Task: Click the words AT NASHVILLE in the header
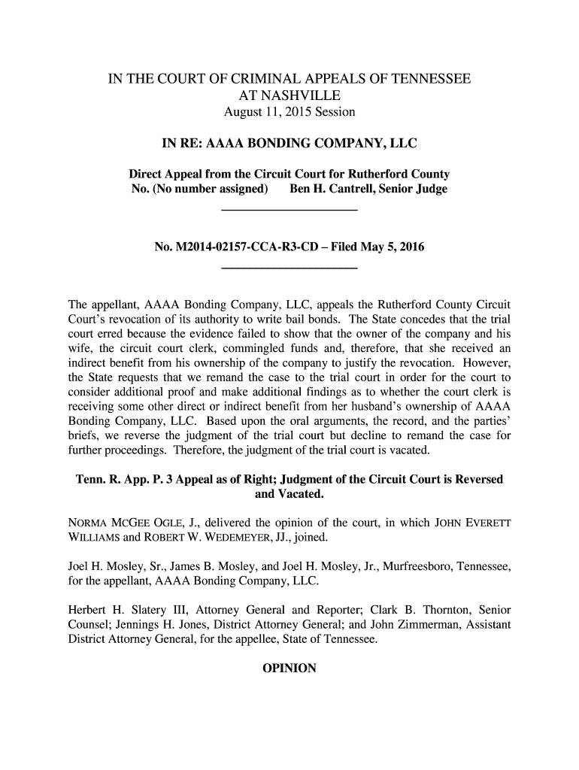click(289, 96)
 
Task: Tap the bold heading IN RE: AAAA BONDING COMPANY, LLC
click(289, 143)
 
